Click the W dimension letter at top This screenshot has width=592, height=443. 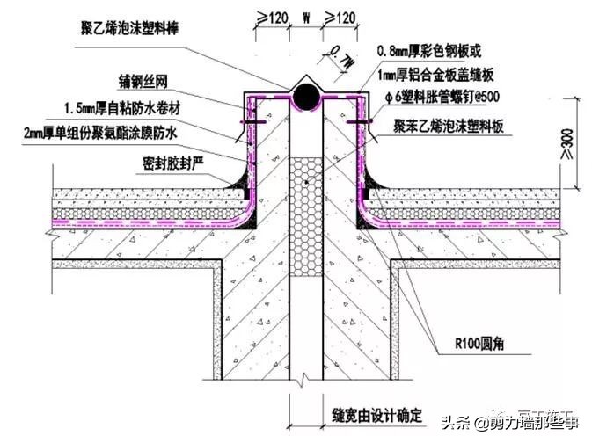(x=304, y=15)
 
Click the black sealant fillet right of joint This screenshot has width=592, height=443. (x=374, y=179)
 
